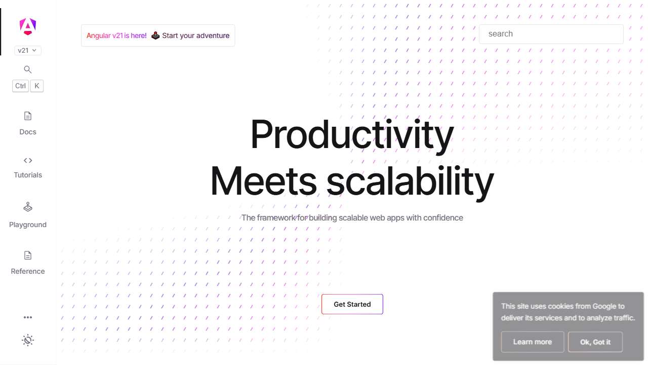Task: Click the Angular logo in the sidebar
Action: (28, 26)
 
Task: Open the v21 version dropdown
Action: (28, 50)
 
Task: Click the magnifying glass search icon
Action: (28, 69)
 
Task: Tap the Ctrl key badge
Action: (20, 86)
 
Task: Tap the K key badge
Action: (36, 86)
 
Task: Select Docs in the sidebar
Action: (28, 123)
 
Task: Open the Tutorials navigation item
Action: (28, 167)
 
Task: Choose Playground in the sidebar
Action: (28, 215)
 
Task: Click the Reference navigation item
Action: (28, 263)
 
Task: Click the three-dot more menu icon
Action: (28, 317)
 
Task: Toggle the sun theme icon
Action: (28, 340)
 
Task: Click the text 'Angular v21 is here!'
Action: (116, 35)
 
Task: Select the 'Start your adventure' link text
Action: (195, 35)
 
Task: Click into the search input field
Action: (551, 34)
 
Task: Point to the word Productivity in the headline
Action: (352, 135)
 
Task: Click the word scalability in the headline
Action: (410, 181)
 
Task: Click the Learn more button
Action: (533, 342)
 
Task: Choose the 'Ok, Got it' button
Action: (595, 342)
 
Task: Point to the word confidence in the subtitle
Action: (443, 217)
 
